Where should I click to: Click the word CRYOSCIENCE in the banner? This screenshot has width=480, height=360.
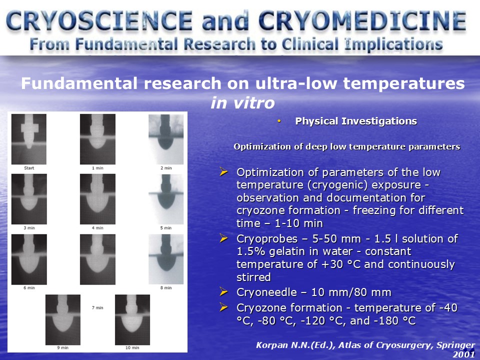(x=99, y=20)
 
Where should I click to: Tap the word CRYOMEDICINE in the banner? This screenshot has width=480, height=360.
(x=362, y=20)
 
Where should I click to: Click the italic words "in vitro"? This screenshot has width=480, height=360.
(x=242, y=102)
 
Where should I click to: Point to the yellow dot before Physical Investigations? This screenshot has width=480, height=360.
(x=279, y=121)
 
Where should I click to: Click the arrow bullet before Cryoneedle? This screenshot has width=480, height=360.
(x=224, y=291)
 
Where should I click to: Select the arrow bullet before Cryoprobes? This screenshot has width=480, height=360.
(x=224, y=238)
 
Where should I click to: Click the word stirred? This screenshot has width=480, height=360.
(x=254, y=277)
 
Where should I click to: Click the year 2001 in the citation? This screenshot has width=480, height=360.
(x=464, y=354)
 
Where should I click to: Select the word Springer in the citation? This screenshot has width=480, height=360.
(x=456, y=345)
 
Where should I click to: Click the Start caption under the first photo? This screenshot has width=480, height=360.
(x=29, y=168)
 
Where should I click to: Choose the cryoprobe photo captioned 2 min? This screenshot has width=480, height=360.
(x=166, y=139)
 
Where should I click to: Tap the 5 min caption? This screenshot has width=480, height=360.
(x=166, y=228)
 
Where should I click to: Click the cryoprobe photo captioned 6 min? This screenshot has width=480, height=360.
(x=29, y=259)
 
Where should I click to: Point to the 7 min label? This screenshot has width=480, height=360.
(x=97, y=307)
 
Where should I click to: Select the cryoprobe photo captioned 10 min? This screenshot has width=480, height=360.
(x=132, y=319)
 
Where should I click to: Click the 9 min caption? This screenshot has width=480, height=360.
(x=63, y=348)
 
